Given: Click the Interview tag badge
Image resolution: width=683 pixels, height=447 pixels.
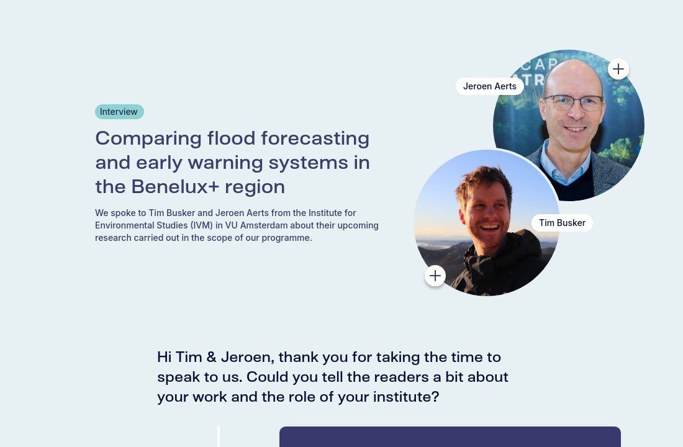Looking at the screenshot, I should pos(119,112).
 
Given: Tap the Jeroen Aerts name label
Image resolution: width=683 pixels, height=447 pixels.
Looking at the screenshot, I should pos(489,86).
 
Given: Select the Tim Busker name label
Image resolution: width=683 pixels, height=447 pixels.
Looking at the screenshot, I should pos(562,223).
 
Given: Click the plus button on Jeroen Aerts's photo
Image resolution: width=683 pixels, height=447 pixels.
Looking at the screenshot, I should pos(618,69).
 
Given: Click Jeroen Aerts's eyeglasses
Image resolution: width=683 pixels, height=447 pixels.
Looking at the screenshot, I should pos(572,102).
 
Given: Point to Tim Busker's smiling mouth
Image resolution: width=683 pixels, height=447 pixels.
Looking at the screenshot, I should pos(489,227).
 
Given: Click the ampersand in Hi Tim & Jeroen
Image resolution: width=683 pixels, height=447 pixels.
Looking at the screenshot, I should pos(211,358).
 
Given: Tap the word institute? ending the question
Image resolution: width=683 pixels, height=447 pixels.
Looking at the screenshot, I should pos(406,397).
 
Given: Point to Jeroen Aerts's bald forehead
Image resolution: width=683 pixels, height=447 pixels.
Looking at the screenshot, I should pos(571,78).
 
